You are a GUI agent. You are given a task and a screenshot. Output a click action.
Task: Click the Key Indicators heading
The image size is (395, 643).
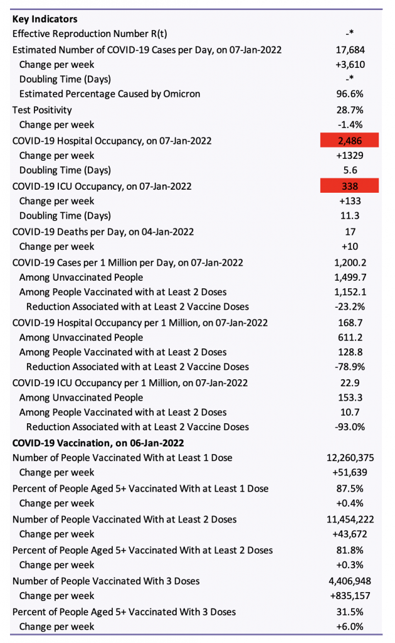(x=45, y=19)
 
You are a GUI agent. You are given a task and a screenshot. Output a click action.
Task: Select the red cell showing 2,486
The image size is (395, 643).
(x=350, y=140)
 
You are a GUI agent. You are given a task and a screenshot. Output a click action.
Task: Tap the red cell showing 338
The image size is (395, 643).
(x=350, y=186)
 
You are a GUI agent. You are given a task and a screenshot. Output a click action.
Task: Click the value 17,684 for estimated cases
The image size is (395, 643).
(x=350, y=50)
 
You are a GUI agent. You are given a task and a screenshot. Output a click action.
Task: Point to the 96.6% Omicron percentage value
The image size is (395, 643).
(x=350, y=94)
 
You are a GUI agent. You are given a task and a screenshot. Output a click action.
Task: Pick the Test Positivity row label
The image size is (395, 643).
(x=42, y=110)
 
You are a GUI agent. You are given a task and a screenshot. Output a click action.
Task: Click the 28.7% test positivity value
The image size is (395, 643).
(x=350, y=110)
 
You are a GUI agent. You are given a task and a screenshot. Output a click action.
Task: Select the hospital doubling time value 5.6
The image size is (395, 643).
(x=350, y=170)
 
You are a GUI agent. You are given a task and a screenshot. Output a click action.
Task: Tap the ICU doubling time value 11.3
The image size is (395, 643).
(x=350, y=215)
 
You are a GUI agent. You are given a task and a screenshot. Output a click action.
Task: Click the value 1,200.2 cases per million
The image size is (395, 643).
(x=350, y=262)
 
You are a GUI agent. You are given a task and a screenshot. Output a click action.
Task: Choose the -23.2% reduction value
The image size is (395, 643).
(x=350, y=306)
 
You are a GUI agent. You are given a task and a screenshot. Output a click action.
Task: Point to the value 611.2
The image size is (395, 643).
(x=350, y=337)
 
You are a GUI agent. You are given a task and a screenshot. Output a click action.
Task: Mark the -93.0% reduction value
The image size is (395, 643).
(x=350, y=426)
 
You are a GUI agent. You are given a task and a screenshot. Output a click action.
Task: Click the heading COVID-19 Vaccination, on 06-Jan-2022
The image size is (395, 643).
(x=98, y=443)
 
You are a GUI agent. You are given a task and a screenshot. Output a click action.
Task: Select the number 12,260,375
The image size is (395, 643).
(x=350, y=458)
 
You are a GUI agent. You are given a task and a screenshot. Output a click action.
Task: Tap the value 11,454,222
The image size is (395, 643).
(x=350, y=519)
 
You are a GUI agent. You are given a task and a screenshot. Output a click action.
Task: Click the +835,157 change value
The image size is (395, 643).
(x=350, y=595)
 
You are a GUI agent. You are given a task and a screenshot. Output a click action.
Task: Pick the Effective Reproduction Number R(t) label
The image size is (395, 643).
(x=90, y=34)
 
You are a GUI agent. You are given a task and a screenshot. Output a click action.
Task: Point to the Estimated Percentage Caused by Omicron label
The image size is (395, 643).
(x=110, y=94)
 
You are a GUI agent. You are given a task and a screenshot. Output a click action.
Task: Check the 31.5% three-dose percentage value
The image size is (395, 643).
(x=350, y=612)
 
